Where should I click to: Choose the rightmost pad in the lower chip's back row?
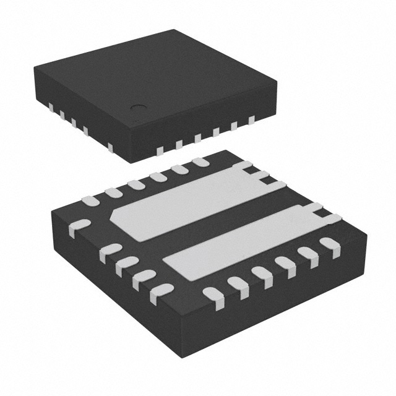coord(199,162)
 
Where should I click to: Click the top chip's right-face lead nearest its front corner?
coord(160,150)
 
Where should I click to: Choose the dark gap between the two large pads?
coord(217,222)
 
